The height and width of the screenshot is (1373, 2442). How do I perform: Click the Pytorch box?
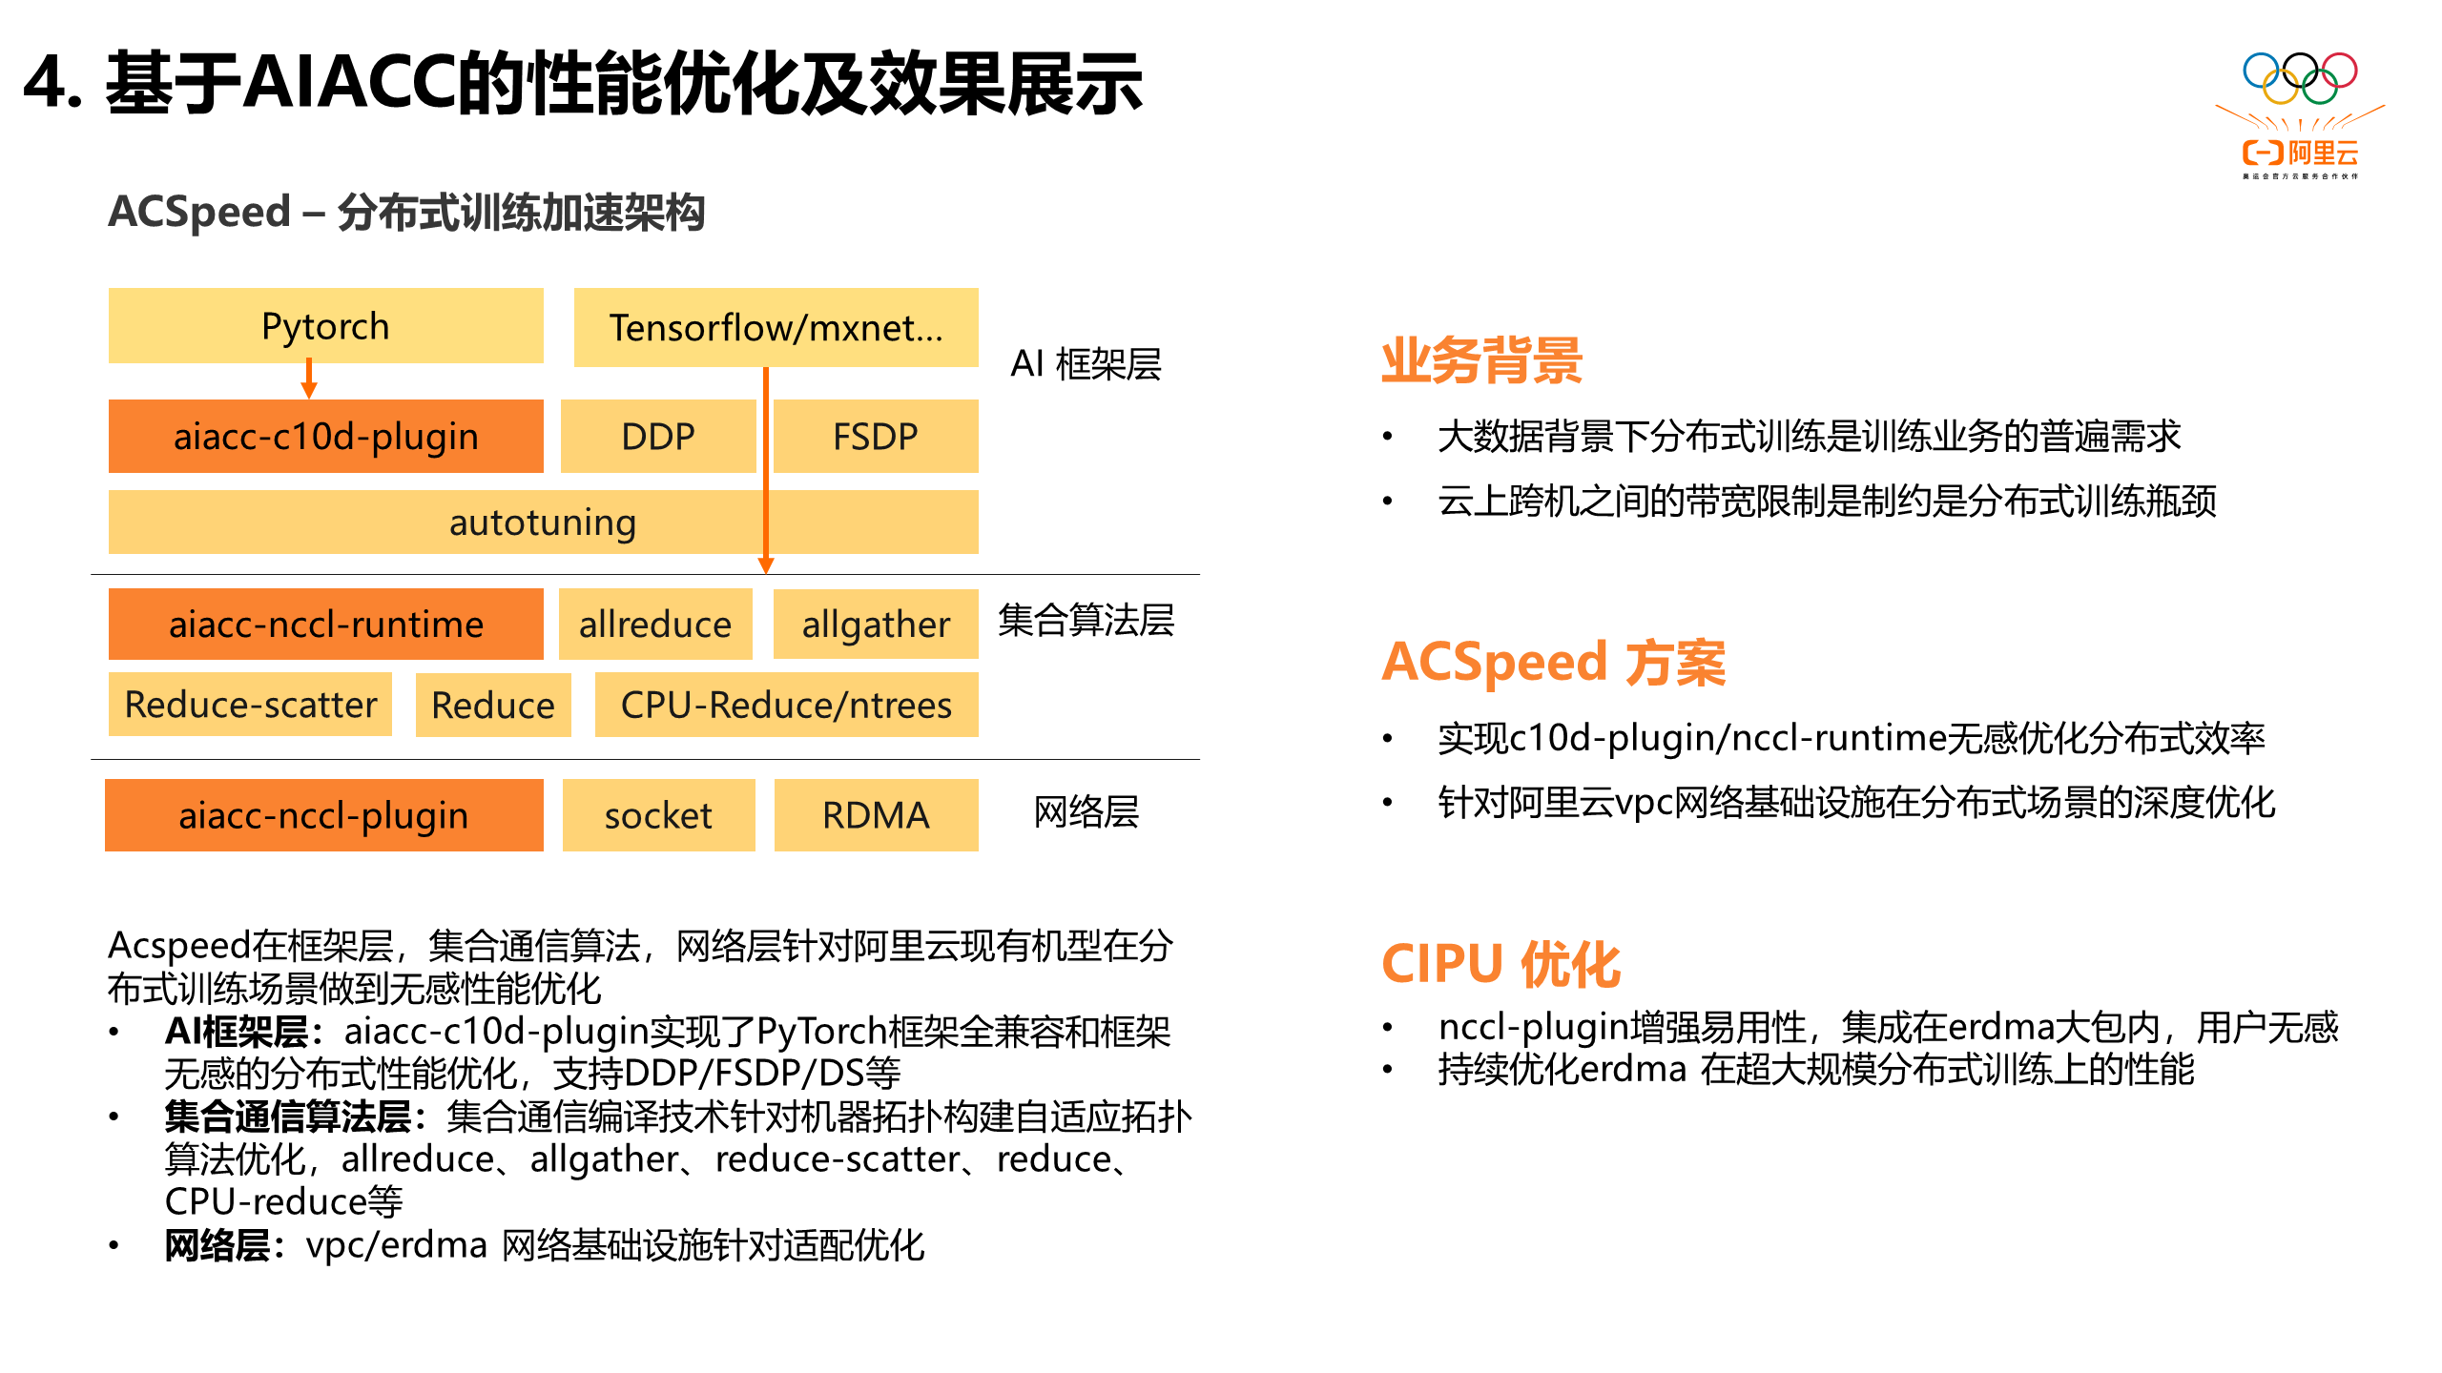click(x=325, y=326)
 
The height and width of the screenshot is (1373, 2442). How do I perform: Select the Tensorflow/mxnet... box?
click(x=776, y=327)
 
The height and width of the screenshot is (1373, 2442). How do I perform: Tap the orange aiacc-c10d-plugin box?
click(x=325, y=436)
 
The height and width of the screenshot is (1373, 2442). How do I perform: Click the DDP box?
click(x=658, y=436)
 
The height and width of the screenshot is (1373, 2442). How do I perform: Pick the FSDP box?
click(x=875, y=436)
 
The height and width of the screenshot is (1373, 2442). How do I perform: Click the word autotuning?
click(x=542, y=523)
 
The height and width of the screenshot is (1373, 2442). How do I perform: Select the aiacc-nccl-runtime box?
click(x=325, y=625)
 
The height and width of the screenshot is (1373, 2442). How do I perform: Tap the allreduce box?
click(x=655, y=625)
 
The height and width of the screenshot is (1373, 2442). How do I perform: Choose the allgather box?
click(x=875, y=625)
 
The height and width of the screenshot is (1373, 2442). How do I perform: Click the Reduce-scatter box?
click(x=250, y=705)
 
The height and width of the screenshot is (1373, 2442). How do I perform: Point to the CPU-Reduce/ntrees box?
click(x=786, y=705)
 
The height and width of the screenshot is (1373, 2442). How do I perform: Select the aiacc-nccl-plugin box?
click(x=323, y=815)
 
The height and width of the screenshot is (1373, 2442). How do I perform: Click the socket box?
click(x=658, y=815)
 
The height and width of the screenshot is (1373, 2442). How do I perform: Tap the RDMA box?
click(x=875, y=815)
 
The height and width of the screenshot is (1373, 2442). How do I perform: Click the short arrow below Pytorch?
click(x=309, y=379)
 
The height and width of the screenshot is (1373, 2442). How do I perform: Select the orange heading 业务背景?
click(x=1481, y=360)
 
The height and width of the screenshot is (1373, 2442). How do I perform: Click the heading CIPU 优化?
click(x=1500, y=964)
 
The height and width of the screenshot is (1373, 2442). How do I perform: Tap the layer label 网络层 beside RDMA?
click(x=1086, y=812)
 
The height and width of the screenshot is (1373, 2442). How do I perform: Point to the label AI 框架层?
click(x=1086, y=363)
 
